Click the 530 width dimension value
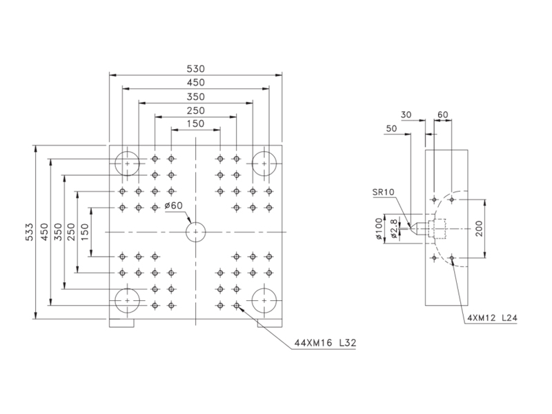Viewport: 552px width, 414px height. point(195,68)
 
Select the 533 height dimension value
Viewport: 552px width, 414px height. point(30,232)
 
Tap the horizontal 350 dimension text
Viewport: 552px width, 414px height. point(195,97)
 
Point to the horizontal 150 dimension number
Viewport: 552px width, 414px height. point(195,124)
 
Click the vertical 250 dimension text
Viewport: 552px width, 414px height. point(71,232)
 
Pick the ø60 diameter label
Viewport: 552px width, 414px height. point(174,205)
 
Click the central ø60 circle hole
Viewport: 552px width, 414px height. point(196,232)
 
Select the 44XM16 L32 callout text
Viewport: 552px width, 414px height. point(325,342)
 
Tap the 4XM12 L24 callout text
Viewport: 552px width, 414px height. point(493,318)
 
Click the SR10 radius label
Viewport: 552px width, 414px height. point(384,192)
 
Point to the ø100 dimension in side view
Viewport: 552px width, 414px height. point(379,229)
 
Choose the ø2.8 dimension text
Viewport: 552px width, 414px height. point(394,229)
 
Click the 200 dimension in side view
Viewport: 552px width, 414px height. point(479,228)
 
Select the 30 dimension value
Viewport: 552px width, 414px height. point(406,115)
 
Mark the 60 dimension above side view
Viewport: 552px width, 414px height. point(442,115)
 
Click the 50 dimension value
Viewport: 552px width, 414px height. point(391,128)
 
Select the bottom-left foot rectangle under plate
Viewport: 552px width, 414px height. point(121,323)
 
